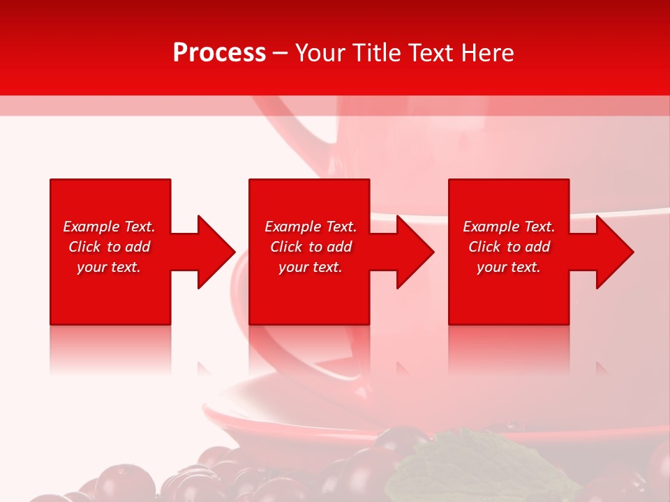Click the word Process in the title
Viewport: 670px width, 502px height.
219,53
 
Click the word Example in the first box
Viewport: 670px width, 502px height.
91,227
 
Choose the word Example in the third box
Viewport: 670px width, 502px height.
491,227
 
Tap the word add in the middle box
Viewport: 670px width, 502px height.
339,247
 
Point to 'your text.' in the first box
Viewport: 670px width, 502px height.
109,267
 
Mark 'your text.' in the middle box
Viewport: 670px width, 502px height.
311,267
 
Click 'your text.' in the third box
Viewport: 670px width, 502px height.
509,267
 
